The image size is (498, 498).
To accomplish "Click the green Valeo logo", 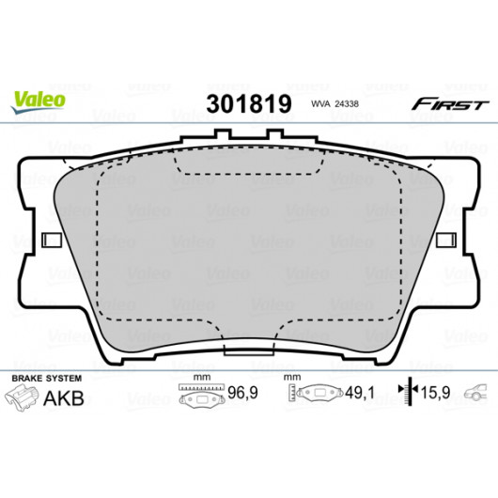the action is coord(38,101).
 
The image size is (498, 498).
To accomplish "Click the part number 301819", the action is coord(249,104).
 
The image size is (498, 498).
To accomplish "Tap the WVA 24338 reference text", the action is coord(335,104).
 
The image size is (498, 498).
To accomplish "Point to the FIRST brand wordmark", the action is coord(450,104).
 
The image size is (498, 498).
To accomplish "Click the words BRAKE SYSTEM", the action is coord(47,379).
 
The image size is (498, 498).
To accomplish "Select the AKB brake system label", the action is coord(64,398).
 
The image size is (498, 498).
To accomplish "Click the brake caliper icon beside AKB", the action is coord(22,397).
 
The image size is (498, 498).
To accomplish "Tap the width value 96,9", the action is coord(243,393).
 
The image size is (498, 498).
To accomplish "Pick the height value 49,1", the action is coord(360,393).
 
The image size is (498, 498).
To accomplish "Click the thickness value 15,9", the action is coord(435,393).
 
